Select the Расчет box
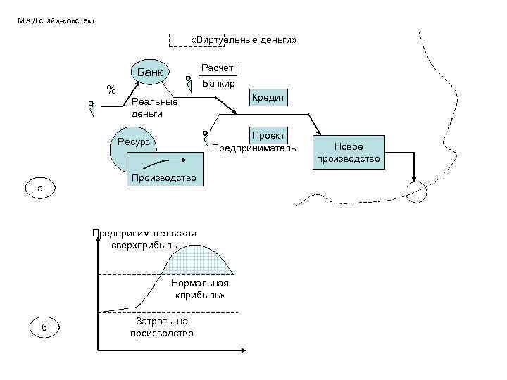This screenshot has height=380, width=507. click(x=218, y=68)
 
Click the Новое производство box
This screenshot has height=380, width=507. click(x=349, y=153)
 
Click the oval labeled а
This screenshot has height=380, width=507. click(x=41, y=189)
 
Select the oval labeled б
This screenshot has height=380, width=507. click(x=44, y=328)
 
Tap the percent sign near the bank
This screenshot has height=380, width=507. click(x=111, y=89)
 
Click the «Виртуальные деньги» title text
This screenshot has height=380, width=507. click(x=244, y=41)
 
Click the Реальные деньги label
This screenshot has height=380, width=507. click(x=154, y=107)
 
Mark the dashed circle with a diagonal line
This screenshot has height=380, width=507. click(x=416, y=190)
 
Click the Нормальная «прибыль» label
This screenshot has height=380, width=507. click(x=200, y=289)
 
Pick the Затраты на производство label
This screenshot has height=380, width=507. click(x=161, y=327)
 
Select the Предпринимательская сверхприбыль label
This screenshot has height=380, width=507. click(x=144, y=239)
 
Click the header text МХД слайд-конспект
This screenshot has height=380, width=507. click(x=56, y=20)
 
